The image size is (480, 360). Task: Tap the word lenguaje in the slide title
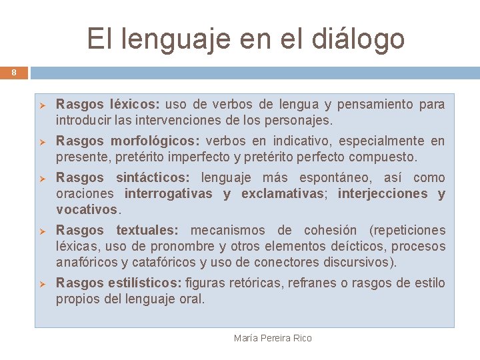[x=175, y=38]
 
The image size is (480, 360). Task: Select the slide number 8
[x=13, y=73]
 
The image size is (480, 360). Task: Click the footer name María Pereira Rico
[x=273, y=338]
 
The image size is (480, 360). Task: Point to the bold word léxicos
[x=135, y=105]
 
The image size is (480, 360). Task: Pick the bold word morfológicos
[x=155, y=141]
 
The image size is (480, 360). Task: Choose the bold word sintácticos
[x=153, y=177]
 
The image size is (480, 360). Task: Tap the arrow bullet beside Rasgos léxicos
[x=41, y=105]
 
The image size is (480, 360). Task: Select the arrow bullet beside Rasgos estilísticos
[x=41, y=283]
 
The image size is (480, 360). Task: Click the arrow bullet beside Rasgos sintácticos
[x=41, y=178]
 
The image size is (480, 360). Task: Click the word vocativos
[x=87, y=209]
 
